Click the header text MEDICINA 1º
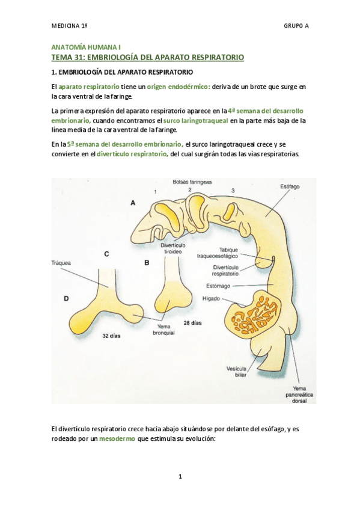[70, 26]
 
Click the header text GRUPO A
[296, 26]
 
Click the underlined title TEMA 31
[148, 57]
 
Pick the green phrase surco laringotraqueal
[200, 120]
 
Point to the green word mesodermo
[116, 439]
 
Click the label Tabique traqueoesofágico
[230, 251]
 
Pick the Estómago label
[231, 286]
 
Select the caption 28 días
[192, 323]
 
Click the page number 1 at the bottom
[180, 477]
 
